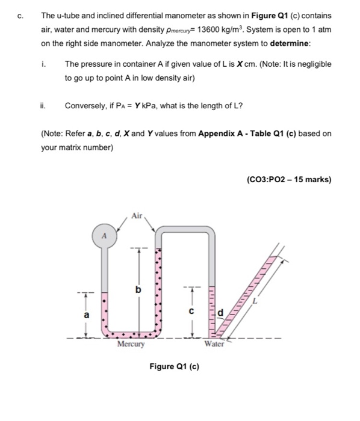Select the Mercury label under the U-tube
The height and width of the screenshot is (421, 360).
131,345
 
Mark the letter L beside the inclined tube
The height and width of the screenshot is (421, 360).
255,301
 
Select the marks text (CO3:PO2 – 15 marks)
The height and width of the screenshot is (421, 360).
290,179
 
